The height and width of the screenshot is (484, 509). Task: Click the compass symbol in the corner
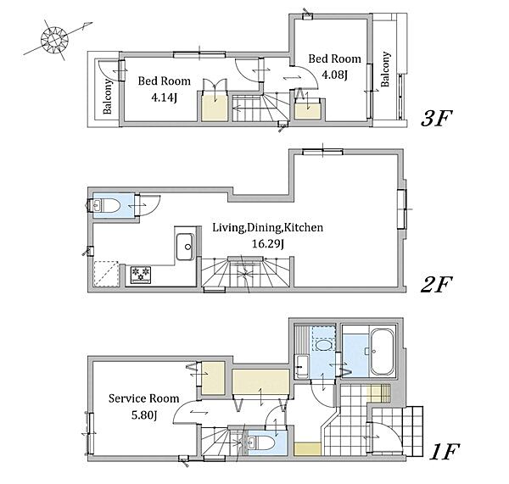(x=54, y=40)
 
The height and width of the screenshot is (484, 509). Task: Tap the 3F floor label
(x=436, y=119)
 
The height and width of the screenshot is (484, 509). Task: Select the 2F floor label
(x=436, y=285)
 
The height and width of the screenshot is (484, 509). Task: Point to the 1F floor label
(x=444, y=452)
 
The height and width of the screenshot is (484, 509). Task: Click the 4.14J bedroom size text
(x=164, y=97)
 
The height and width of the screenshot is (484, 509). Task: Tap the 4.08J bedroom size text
(x=334, y=75)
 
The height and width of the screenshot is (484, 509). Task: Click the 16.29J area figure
(x=268, y=243)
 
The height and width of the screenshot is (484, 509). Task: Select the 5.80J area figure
(x=144, y=414)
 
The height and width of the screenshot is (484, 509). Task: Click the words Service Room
(x=143, y=398)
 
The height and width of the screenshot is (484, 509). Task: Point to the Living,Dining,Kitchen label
(x=268, y=227)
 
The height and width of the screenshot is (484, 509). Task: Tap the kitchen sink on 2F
(x=185, y=247)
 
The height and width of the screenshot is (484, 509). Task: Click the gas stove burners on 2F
(x=141, y=275)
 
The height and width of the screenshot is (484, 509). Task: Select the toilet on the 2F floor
(x=107, y=206)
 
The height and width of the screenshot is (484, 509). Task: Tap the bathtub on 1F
(x=383, y=352)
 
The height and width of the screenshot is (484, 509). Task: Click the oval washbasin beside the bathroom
(x=324, y=344)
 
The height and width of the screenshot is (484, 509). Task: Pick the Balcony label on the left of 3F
(x=108, y=97)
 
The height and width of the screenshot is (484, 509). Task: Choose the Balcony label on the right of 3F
(x=385, y=70)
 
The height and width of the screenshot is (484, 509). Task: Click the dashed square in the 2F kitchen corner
(x=106, y=274)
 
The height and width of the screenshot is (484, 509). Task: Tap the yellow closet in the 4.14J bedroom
(x=215, y=108)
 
